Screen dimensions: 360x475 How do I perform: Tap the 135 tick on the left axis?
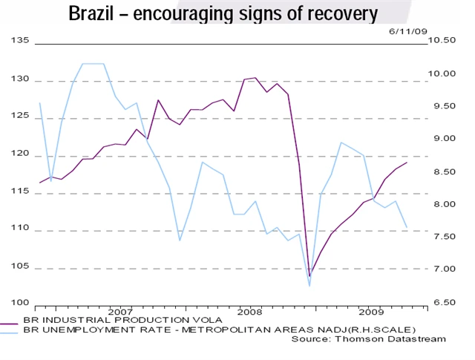21,42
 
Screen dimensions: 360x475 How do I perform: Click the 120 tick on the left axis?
21,154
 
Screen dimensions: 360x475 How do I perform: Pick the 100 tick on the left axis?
21,303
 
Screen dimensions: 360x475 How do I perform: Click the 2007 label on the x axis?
120,312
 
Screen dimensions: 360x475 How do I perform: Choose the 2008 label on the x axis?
249,312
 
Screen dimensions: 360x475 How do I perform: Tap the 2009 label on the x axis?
370,312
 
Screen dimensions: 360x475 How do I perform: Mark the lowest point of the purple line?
309,276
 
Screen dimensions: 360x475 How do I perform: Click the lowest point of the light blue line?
309,286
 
